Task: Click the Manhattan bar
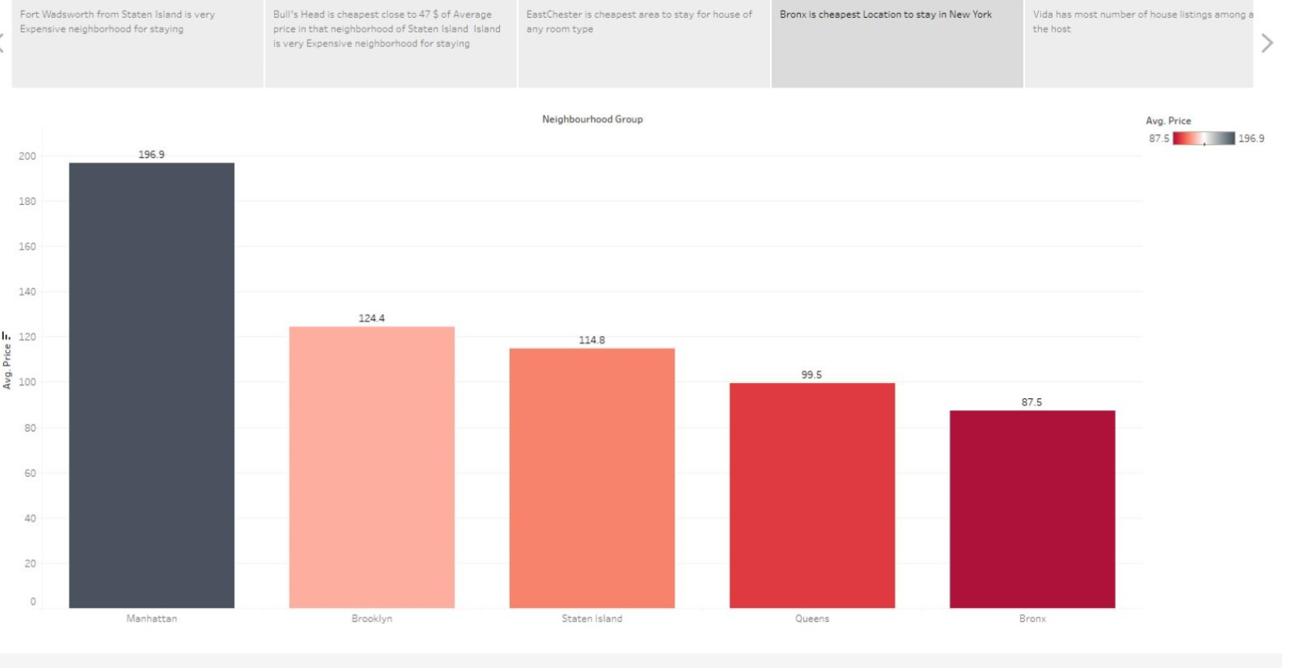(152, 385)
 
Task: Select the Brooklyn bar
(372, 467)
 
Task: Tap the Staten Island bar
(591, 478)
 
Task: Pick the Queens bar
(812, 495)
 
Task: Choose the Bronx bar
(1032, 509)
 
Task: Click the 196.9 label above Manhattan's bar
(152, 154)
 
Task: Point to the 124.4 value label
(372, 318)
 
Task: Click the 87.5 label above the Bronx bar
(1032, 402)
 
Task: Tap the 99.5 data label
(812, 374)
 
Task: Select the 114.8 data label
(591, 340)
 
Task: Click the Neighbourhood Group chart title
(592, 119)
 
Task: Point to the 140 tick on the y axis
(27, 291)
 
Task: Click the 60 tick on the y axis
(29, 473)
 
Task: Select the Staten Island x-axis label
(591, 619)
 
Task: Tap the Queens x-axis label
(812, 619)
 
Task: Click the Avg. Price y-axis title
(8, 365)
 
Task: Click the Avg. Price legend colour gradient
(1204, 139)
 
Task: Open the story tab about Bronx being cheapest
(897, 43)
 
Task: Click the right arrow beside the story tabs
(1267, 43)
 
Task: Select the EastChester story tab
(644, 43)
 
